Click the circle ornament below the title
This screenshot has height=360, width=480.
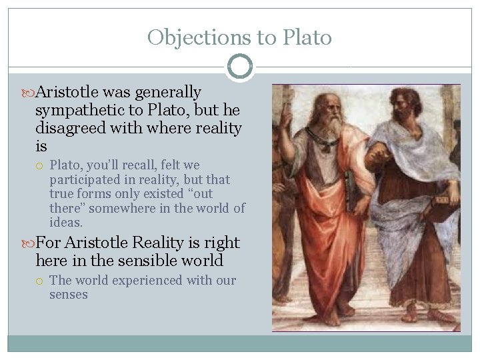pyautogui.click(x=240, y=67)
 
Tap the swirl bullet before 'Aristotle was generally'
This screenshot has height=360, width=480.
pyautogui.click(x=29, y=92)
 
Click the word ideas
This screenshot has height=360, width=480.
pyautogui.click(x=65, y=222)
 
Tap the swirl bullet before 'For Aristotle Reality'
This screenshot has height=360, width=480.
pyautogui.click(x=29, y=243)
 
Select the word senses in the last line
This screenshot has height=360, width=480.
pyautogui.click(x=68, y=294)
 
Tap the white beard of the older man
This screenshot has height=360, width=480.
pyautogui.click(x=333, y=127)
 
